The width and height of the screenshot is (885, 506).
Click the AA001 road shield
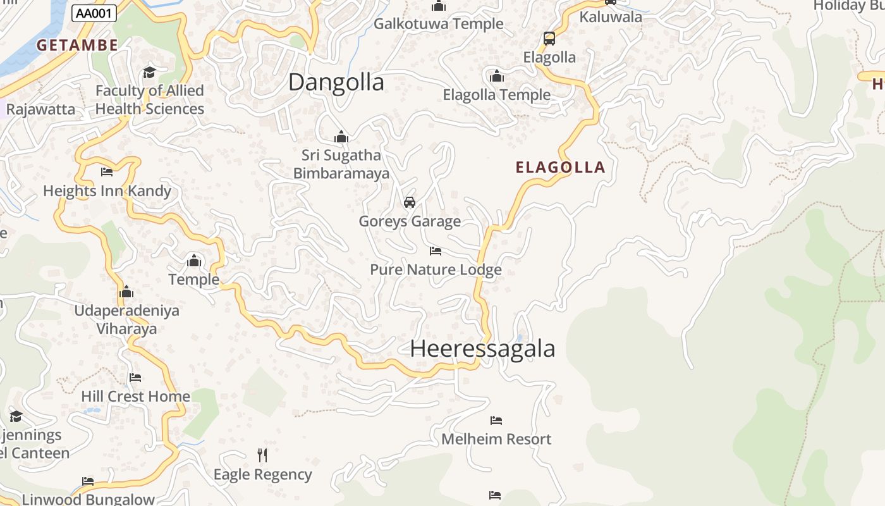pos(94,13)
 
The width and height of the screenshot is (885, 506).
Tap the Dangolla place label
pos(336,83)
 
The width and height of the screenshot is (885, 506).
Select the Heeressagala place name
pos(482,349)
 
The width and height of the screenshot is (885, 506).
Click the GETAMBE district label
pos(77,45)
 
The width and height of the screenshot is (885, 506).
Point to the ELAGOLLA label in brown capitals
pos(561,168)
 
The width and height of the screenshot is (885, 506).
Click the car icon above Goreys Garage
pos(410,202)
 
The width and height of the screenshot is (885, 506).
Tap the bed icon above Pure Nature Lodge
pos(435,251)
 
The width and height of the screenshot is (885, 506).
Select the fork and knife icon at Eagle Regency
pos(262,455)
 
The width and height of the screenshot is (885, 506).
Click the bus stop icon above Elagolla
pos(549,39)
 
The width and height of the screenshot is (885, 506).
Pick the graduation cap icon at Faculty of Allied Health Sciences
pos(149,72)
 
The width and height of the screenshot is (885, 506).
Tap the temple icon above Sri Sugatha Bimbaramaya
pos(341,137)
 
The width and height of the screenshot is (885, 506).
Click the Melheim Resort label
pos(496,439)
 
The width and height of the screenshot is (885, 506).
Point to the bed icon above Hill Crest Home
pos(135,378)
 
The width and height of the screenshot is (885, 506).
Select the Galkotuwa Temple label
pos(439,24)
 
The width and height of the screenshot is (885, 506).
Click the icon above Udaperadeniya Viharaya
pos(126,292)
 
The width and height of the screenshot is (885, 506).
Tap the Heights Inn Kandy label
pos(107,191)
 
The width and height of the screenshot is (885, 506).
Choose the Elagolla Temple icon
pos(497,77)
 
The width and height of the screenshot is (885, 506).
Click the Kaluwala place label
pos(611,17)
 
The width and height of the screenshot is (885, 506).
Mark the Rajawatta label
pos(40,109)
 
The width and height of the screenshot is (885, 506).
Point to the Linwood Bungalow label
pos(88,499)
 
